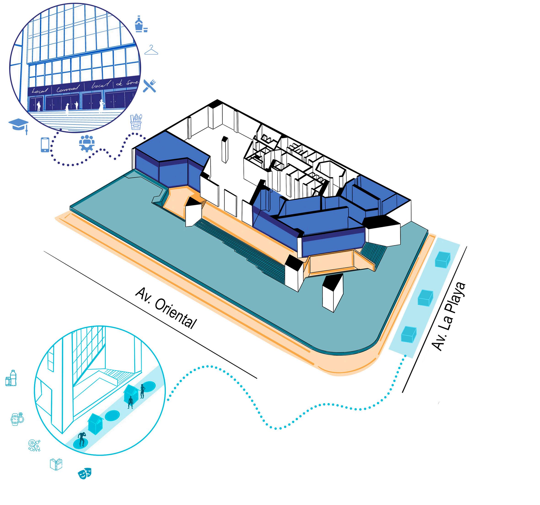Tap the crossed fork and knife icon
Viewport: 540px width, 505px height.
[149, 86]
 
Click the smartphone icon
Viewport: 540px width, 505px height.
[45, 145]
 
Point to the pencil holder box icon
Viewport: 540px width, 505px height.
[136, 122]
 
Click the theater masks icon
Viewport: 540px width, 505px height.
[85, 473]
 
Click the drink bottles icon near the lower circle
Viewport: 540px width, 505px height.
[11, 378]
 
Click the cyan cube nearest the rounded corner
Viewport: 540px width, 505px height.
[408, 334]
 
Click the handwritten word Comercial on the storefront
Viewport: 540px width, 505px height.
[68, 88]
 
